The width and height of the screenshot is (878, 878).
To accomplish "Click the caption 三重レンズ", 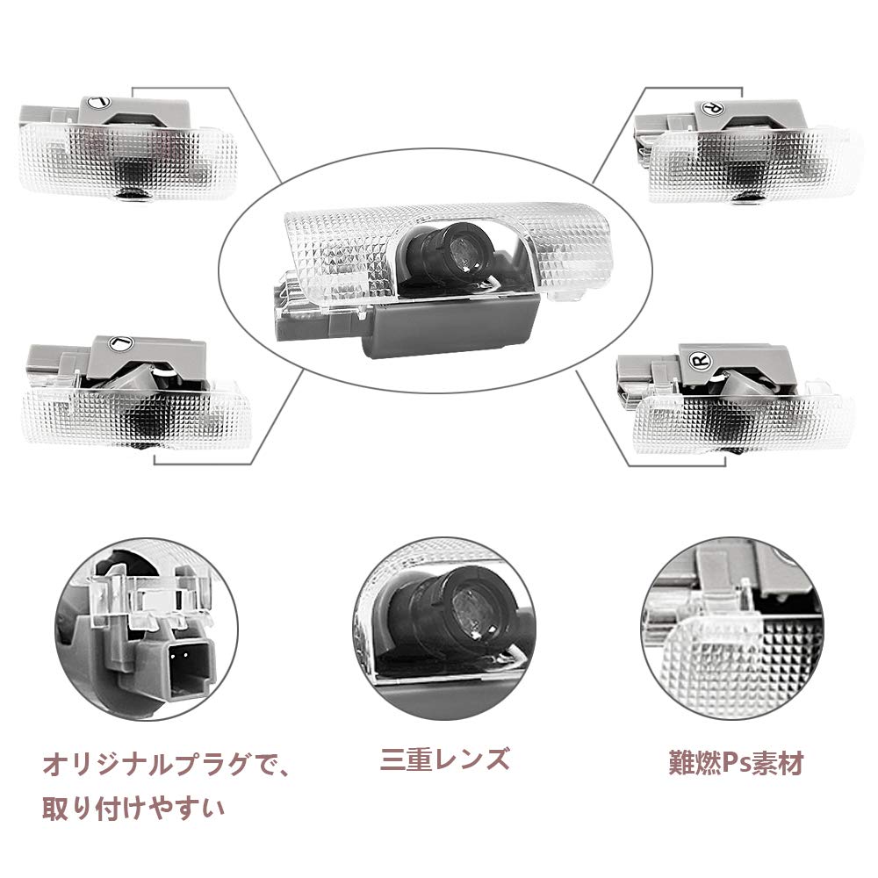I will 444,758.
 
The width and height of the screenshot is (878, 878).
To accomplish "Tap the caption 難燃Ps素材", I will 735,762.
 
